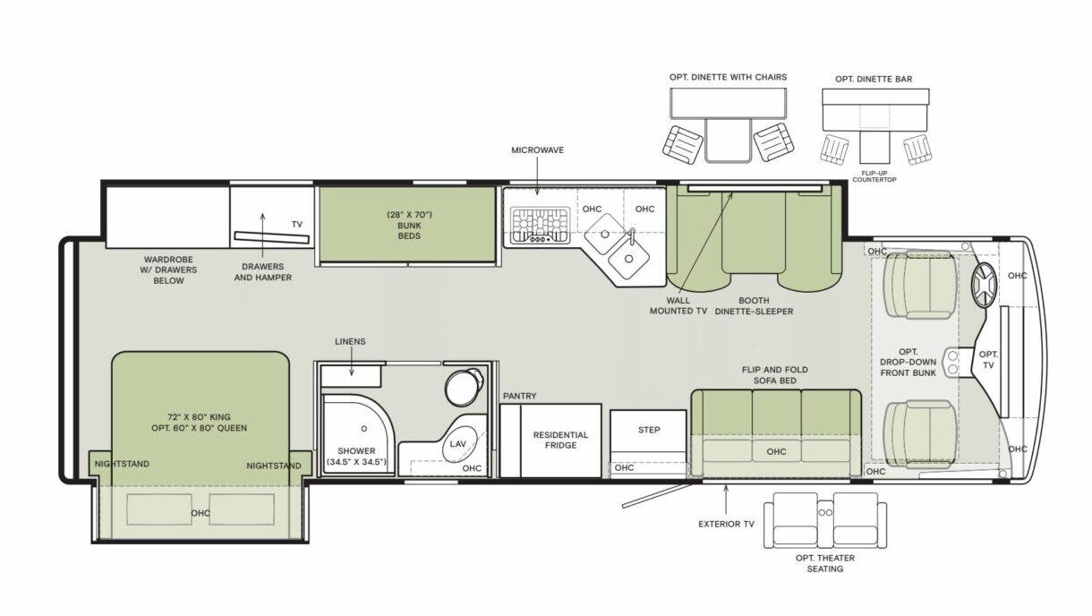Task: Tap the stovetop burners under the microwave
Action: pyautogui.click(x=540, y=225)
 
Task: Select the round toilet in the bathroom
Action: pyautogui.click(x=462, y=386)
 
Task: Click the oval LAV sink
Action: pyautogui.click(x=458, y=441)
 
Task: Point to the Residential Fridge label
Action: pyautogui.click(x=560, y=441)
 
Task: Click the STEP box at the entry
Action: pyautogui.click(x=649, y=430)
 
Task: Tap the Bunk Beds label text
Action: pyautogui.click(x=410, y=230)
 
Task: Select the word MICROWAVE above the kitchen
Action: pyautogui.click(x=537, y=150)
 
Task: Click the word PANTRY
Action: pyautogui.click(x=519, y=395)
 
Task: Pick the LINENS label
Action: pyautogui.click(x=350, y=341)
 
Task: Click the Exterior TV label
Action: pyautogui.click(x=726, y=524)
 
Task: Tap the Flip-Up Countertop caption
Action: pyautogui.click(x=874, y=176)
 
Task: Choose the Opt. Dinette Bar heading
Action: pyautogui.click(x=874, y=79)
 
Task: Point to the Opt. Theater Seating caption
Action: pyautogui.click(x=824, y=563)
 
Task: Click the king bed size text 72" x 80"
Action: pyautogui.click(x=199, y=416)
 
